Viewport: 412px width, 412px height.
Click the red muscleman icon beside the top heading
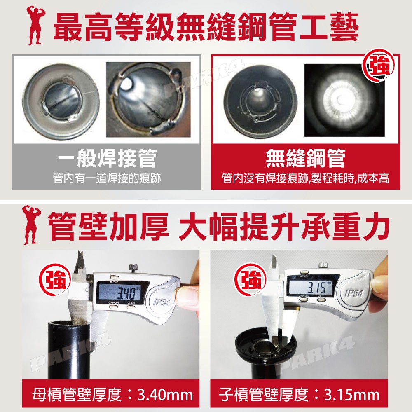tap(35, 25)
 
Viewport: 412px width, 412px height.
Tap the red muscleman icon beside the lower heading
tap(32, 225)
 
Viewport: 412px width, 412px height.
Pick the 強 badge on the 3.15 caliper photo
tap(250, 280)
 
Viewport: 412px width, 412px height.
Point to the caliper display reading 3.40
tap(120, 293)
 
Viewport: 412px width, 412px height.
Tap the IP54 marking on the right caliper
tap(354, 293)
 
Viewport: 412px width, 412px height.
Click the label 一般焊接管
tap(107, 158)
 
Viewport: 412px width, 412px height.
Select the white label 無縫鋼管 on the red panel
tap(306, 158)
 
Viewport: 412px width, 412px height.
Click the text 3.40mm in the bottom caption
tap(165, 395)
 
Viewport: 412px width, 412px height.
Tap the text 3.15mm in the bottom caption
tap(352, 395)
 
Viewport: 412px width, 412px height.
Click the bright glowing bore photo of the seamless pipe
tap(344, 100)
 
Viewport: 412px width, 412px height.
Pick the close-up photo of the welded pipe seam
tap(148, 100)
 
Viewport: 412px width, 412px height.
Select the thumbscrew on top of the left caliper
tap(133, 269)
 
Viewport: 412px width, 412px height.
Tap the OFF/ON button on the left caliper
tap(114, 307)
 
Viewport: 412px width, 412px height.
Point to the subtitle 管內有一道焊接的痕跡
tap(107, 178)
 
